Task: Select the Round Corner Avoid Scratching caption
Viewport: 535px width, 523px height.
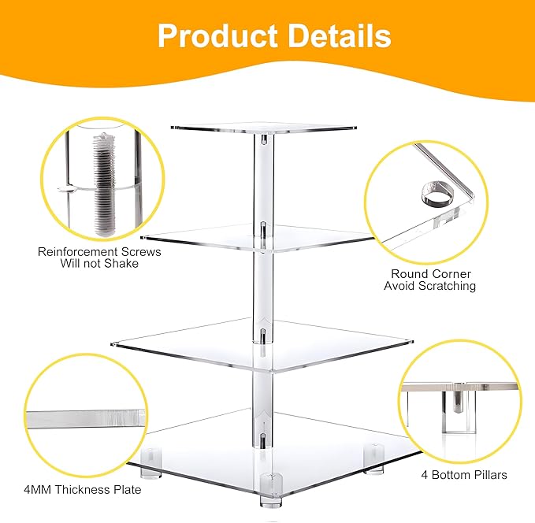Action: click(430, 280)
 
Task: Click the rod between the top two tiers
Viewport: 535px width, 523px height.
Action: click(259, 181)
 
